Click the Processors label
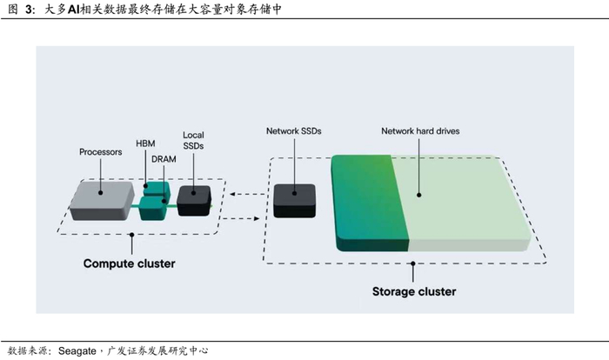click(100, 152)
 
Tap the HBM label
click(146, 143)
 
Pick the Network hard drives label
click(420, 131)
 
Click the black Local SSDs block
click(196, 200)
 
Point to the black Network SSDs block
click(294, 199)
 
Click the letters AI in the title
click(74, 10)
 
